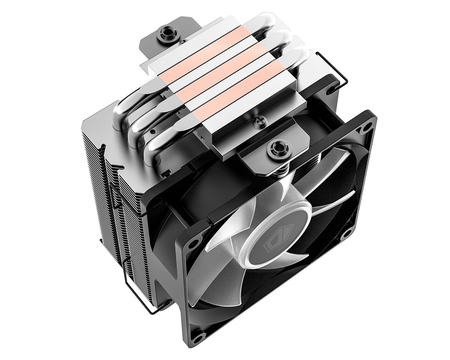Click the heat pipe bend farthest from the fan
[x=124, y=109]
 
